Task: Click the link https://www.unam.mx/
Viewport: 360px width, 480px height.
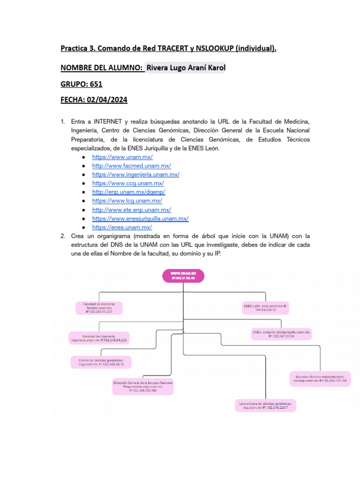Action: click(122, 157)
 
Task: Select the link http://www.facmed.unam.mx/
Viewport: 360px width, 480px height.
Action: click(132, 166)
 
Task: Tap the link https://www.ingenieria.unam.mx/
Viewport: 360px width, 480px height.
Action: click(136, 174)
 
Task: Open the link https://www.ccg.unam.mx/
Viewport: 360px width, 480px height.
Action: click(128, 183)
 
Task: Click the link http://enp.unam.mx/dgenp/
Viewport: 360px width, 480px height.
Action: click(129, 192)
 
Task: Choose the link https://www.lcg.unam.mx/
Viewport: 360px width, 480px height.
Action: click(127, 201)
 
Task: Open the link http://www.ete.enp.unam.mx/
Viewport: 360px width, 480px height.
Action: click(132, 210)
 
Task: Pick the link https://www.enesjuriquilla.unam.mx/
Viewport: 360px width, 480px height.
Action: click(141, 218)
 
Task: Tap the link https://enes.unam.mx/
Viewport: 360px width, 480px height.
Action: click(122, 227)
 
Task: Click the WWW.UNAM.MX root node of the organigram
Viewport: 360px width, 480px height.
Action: click(183, 276)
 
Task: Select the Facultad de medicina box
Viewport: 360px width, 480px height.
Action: click(99, 307)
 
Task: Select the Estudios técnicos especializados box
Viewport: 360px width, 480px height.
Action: click(320, 379)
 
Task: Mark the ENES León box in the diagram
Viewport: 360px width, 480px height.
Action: click(266, 307)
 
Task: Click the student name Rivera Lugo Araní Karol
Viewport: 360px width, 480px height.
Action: click(186, 68)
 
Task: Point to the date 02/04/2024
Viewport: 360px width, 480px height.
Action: click(107, 100)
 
